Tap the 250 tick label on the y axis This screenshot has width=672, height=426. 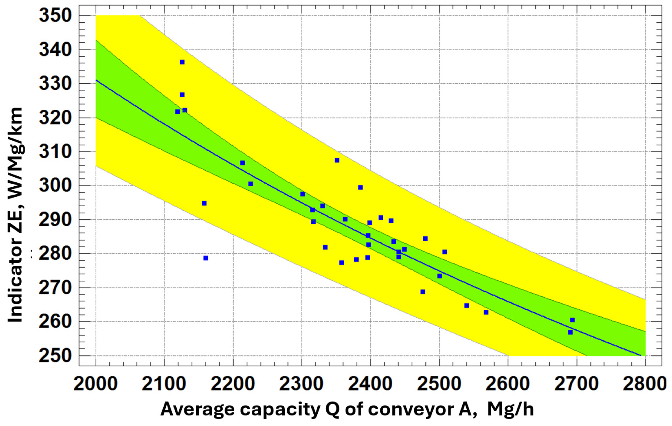(56, 356)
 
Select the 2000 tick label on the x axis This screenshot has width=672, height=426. (96, 384)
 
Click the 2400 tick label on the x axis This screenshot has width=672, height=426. (370, 384)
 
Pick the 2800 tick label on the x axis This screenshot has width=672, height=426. (645, 384)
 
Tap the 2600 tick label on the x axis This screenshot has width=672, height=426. (508, 384)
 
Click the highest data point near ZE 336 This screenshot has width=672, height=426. (182, 62)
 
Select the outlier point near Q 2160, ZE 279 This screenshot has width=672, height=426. (206, 258)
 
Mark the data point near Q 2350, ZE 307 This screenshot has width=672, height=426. (337, 160)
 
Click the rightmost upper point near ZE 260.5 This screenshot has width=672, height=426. (573, 320)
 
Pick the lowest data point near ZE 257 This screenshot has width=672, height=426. (570, 332)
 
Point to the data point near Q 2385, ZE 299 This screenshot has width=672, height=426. (360, 187)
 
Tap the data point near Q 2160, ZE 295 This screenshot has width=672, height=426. (204, 203)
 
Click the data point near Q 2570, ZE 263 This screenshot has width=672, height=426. (486, 312)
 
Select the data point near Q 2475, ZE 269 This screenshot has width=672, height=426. (423, 292)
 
